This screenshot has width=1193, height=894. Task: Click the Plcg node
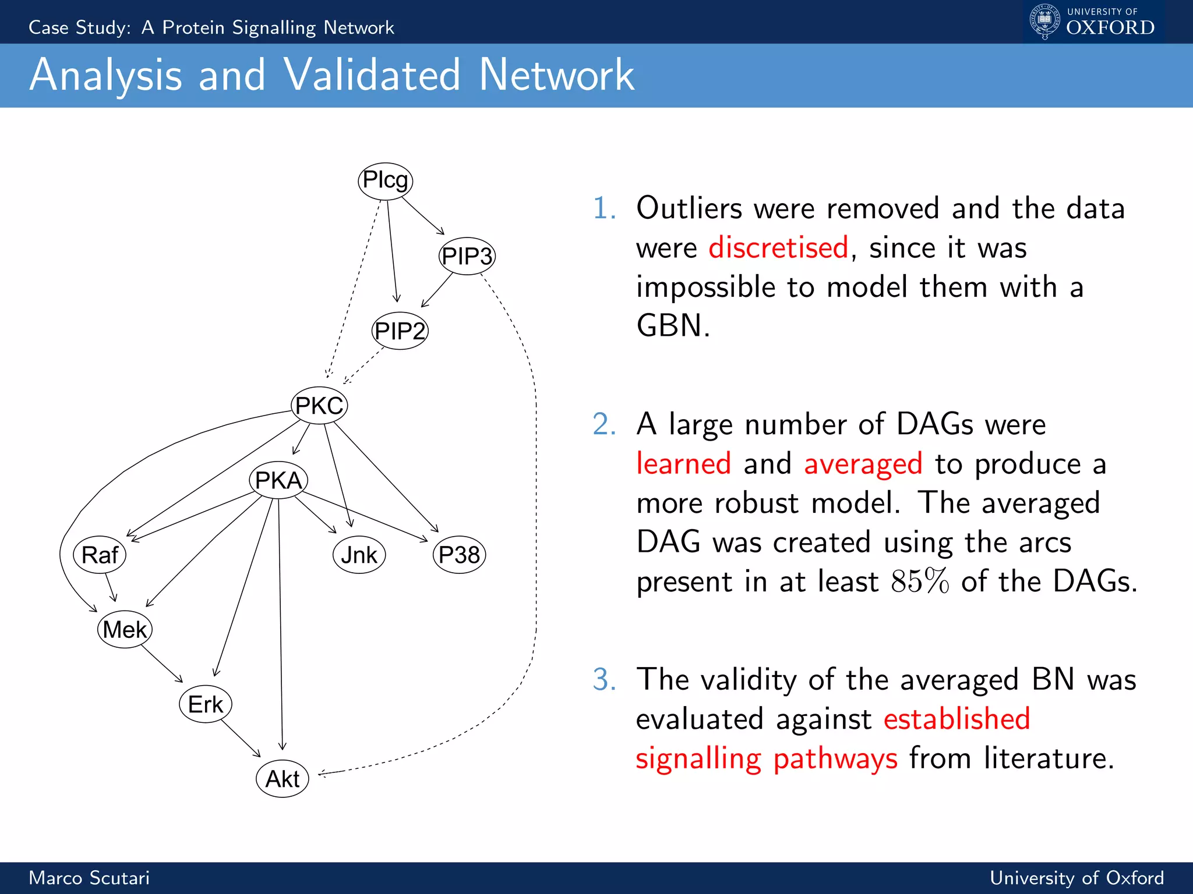coord(385,181)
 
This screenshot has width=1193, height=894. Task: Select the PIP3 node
coord(467,256)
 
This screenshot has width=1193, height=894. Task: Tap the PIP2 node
coord(400,331)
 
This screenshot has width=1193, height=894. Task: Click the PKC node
coord(319,405)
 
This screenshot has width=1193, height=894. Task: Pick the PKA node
coord(278,480)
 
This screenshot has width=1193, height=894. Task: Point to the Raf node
coord(100,555)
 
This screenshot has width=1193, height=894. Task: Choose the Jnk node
coord(359,555)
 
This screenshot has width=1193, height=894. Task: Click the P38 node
coord(459,555)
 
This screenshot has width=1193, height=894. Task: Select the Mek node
coord(125,629)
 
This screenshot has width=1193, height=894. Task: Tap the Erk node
coord(206,704)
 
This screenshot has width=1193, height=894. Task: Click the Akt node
coord(283,779)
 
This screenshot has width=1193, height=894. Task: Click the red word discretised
coord(778,247)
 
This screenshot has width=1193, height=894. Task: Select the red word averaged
coord(863,464)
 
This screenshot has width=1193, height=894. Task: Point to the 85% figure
coord(920,581)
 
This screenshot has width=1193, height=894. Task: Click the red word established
coord(956,719)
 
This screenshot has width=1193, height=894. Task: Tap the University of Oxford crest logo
coord(1044,22)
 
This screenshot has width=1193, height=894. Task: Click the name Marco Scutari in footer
coord(89,878)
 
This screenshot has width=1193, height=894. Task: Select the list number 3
coord(604,679)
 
